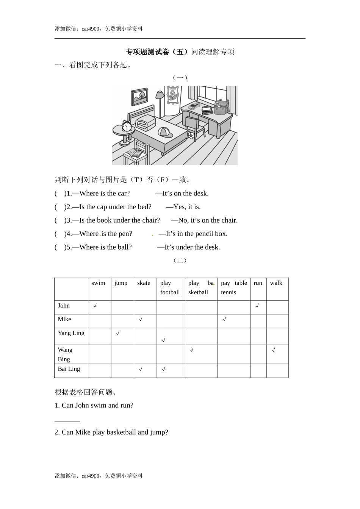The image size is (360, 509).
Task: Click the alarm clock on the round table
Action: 126,126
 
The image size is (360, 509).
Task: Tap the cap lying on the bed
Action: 164,132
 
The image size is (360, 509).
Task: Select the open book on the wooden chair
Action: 134,153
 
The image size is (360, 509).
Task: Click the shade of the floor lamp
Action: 160,94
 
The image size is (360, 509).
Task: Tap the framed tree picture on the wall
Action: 139,97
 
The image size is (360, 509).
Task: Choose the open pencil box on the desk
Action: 207,110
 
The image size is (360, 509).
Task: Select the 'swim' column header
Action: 99,283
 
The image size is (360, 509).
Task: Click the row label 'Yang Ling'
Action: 71,333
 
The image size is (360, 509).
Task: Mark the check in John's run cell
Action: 257,306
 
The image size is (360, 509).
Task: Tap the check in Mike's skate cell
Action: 141,320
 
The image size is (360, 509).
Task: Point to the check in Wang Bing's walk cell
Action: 273,350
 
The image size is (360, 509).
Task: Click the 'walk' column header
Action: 276,283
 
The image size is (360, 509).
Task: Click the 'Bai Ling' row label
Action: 69,369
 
